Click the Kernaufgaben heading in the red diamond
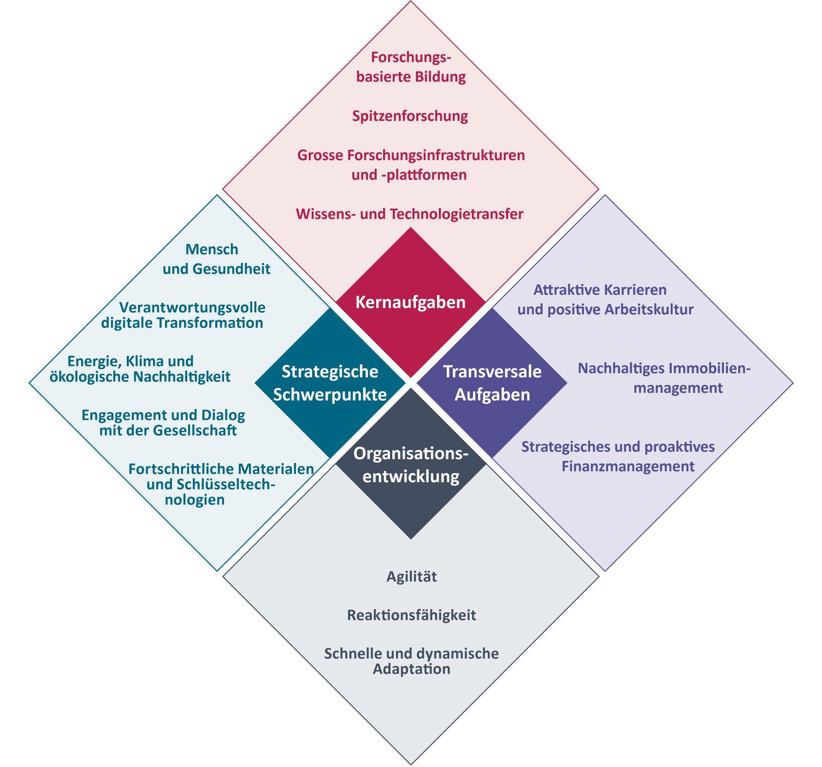pyautogui.click(x=410, y=302)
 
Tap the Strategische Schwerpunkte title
pyautogui.click(x=330, y=383)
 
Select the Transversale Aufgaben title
pyautogui.click(x=492, y=383)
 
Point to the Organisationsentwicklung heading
pyautogui.click(x=411, y=465)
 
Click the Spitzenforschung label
pyautogui.click(x=410, y=116)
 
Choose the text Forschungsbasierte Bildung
pyautogui.click(x=411, y=67)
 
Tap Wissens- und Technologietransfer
pyautogui.click(x=409, y=214)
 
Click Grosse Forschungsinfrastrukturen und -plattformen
pyautogui.click(x=411, y=165)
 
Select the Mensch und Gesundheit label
pyautogui.click(x=216, y=259)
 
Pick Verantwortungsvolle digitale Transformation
pyautogui.click(x=183, y=315)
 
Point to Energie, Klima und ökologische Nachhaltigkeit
pyautogui.click(x=139, y=369)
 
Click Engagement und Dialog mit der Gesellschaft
pyautogui.click(x=163, y=423)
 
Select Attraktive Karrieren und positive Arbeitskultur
pyautogui.click(x=605, y=300)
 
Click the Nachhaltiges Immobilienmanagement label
pyautogui.click(x=664, y=378)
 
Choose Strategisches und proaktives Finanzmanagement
pyautogui.click(x=618, y=456)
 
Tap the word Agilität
pyautogui.click(x=411, y=576)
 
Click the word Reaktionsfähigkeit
pyautogui.click(x=411, y=615)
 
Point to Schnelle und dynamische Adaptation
pyautogui.click(x=411, y=661)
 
